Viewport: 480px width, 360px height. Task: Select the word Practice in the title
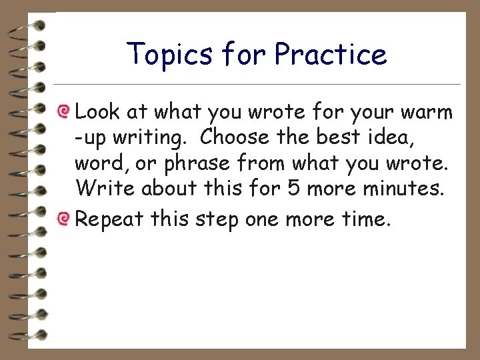click(330, 54)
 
